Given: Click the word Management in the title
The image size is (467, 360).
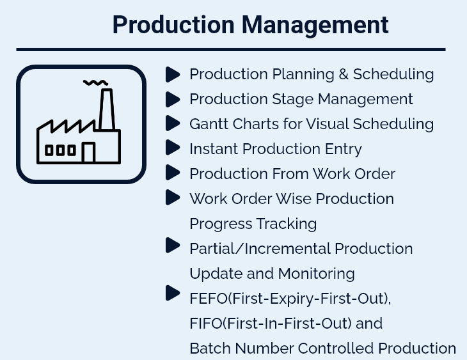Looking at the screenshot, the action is pyautogui.click(x=315, y=26).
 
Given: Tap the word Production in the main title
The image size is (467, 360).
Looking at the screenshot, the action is pyautogui.click(x=173, y=24).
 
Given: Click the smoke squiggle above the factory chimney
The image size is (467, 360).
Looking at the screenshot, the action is pyautogui.click(x=95, y=82).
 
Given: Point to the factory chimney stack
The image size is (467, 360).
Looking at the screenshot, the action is pyautogui.click(x=107, y=109).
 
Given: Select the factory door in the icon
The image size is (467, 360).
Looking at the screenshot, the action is pyautogui.click(x=88, y=152).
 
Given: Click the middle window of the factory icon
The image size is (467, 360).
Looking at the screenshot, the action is pyautogui.click(x=60, y=150).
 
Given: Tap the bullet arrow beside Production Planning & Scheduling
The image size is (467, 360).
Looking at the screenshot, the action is pyautogui.click(x=173, y=74).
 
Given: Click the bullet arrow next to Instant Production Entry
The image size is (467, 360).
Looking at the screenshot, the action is pyautogui.click(x=173, y=148).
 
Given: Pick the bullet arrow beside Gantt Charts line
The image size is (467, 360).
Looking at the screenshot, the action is pyautogui.click(x=173, y=123).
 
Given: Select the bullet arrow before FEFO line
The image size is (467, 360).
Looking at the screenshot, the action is pyautogui.click(x=173, y=293).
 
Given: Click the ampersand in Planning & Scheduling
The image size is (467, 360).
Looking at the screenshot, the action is pyautogui.click(x=344, y=74).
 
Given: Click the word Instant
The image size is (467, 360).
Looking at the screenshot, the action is pyautogui.click(x=214, y=148).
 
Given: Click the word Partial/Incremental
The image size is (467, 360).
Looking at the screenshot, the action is pyautogui.click(x=260, y=249).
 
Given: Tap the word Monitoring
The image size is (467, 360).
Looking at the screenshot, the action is pyautogui.click(x=316, y=274).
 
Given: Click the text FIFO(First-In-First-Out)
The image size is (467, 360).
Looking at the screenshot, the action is pyautogui.click(x=271, y=324).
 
